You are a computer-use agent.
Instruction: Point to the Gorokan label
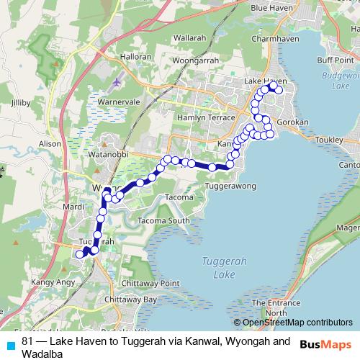pos(292,122)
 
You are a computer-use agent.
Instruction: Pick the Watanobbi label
pos(108,155)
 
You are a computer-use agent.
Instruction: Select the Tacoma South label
pos(164,220)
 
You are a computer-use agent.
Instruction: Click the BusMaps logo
pos(326,343)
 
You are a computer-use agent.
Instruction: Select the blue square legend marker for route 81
pos(10,343)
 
